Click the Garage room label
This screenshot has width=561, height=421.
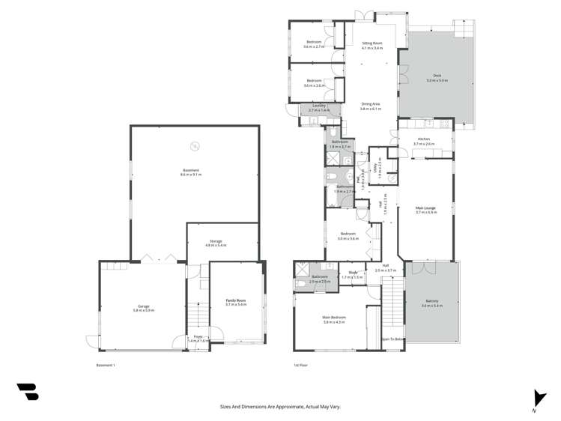144,307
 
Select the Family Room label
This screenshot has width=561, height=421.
236,302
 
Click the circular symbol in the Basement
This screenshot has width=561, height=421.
195,145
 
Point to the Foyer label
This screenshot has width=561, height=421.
198,339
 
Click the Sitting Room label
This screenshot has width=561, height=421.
372,45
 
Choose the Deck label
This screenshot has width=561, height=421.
437,77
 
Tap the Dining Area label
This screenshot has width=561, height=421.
371,106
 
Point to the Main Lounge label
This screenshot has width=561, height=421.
425,210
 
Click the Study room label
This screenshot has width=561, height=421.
352,275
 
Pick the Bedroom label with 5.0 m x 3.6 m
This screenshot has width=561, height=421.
348,236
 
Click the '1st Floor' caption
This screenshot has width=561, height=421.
300,366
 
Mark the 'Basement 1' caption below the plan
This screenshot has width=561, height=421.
106,366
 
